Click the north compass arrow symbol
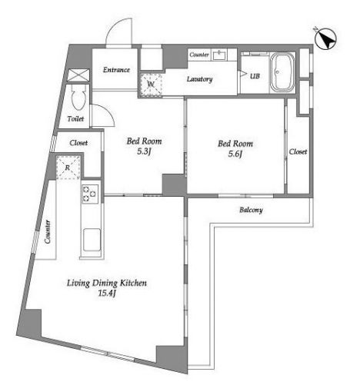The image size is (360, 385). pos(325,38)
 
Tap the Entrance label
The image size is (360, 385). pos(116,70)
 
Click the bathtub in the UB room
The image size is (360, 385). pos(282,72)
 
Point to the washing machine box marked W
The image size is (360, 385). pos(151,85)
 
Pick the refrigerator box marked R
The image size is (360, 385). pos(68,168)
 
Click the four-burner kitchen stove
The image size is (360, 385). pos(90,194)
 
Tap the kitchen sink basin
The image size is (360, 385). pos(92,240)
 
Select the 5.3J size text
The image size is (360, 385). pos(144,151)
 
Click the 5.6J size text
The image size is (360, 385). pos(235,154)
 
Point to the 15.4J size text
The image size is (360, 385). pos(107,293)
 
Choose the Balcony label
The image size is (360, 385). pos(251,210)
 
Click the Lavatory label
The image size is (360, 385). pos(199,79)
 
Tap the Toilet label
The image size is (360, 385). pos(75,118)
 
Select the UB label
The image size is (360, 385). pos(255,76)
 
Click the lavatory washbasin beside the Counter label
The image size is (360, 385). pos(220,55)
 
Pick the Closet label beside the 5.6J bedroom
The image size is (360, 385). pos(298,151)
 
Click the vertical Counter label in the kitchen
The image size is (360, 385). pos(48,232)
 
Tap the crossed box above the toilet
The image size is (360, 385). pos(78,75)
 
